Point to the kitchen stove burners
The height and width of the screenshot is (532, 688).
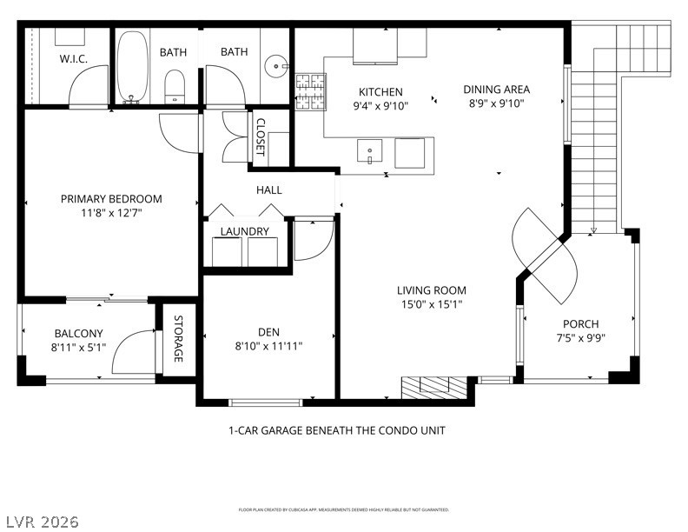click(309, 93)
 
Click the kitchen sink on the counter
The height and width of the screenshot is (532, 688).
click(369, 151)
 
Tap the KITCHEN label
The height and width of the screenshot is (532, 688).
click(380, 92)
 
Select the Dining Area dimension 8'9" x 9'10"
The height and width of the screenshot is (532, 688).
click(496, 103)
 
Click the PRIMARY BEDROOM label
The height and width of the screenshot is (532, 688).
click(111, 199)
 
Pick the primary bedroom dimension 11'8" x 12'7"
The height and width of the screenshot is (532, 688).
click(111, 212)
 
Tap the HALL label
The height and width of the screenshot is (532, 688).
click(268, 190)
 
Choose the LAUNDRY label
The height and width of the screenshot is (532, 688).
click(244, 231)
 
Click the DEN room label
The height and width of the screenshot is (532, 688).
click(268, 331)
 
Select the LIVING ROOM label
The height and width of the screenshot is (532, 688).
click(432, 290)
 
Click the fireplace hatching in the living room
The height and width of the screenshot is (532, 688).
click(433, 388)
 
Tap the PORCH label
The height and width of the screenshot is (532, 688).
click(580, 324)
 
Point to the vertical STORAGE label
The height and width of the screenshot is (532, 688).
click(178, 340)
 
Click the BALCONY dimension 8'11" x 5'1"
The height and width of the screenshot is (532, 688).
click(78, 347)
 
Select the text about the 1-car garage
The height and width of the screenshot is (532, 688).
click(337, 430)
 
